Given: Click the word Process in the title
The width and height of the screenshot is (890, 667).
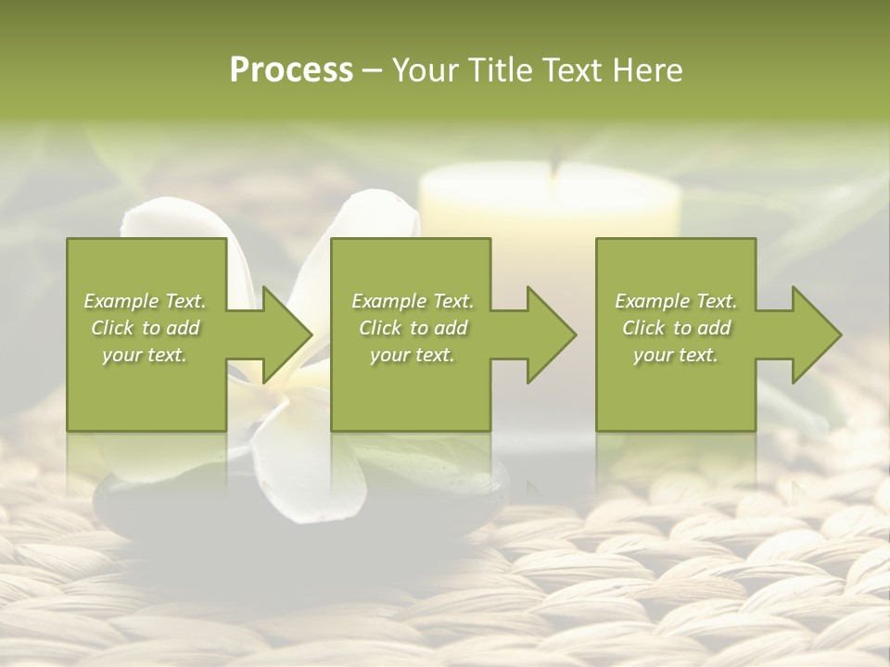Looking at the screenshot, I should click(x=291, y=70).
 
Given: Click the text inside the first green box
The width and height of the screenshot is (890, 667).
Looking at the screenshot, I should click(x=145, y=328).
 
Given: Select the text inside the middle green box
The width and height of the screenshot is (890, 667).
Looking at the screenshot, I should click(x=412, y=328).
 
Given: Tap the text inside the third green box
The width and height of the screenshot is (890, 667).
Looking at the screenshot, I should click(x=675, y=328).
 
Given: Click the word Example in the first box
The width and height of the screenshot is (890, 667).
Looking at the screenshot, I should click(x=121, y=301).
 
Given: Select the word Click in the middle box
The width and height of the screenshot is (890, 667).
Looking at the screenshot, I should click(x=381, y=328).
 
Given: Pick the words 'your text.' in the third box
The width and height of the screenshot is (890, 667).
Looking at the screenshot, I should click(x=675, y=355).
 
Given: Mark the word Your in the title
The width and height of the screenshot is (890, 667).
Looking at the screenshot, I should click(x=426, y=70).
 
